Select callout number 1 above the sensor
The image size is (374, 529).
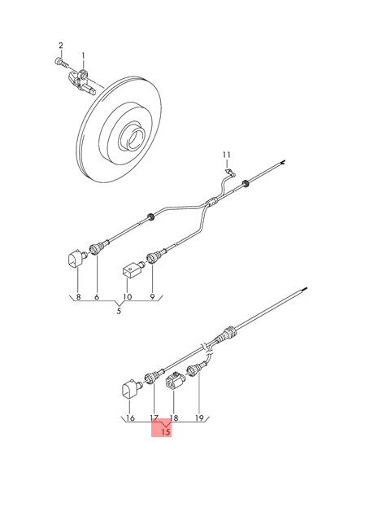[x=82, y=55]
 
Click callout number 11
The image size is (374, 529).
[x=228, y=154]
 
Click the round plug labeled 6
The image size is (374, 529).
[x=97, y=249]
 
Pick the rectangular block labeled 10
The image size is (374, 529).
[x=130, y=269]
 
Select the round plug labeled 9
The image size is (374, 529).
[x=150, y=260]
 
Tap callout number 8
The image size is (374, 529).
[x=78, y=298]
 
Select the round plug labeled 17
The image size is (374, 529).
[x=150, y=378]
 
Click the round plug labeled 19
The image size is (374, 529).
[x=194, y=370]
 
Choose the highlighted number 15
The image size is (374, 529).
[x=165, y=432]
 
